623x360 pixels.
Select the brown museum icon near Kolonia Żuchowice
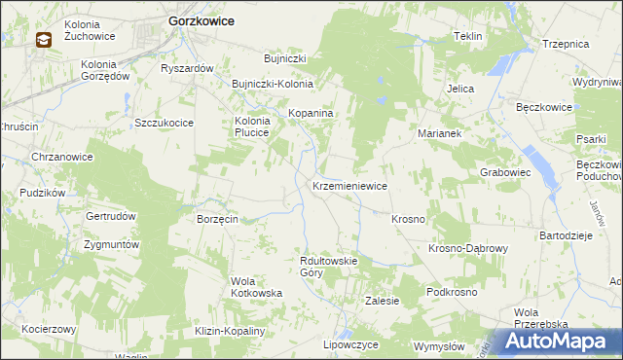(x=45, y=40)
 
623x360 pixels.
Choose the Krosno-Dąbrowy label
(x=468, y=248)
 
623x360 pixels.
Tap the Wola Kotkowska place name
(x=256, y=287)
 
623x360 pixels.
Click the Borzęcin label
(x=218, y=220)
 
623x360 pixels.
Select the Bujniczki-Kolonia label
(x=272, y=84)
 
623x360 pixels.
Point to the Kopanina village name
(x=311, y=114)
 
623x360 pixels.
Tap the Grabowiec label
(x=504, y=172)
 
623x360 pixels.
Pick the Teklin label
(x=468, y=36)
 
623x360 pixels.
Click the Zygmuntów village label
(x=112, y=244)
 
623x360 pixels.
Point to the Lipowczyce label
(x=350, y=344)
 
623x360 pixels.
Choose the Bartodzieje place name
(x=566, y=235)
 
